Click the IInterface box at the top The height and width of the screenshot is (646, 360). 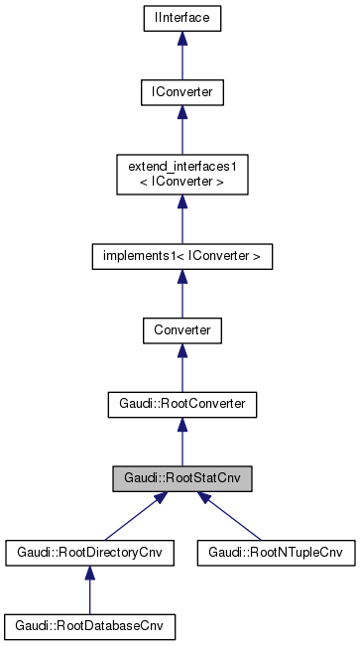[181, 18]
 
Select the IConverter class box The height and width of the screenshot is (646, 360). [181, 92]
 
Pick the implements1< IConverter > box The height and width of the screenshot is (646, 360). [181, 255]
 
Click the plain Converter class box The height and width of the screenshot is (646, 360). [181, 329]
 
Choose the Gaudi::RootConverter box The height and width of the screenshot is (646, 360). [181, 404]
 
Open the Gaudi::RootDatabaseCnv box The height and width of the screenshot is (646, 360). [89, 627]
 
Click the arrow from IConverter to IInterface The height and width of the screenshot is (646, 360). [181, 56]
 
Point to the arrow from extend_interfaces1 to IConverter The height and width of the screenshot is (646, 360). [181, 130]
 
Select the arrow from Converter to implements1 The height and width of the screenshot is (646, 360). [181, 293]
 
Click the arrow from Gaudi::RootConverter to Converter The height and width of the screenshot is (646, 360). [181, 367]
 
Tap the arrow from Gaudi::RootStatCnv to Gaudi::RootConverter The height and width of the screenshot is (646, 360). [181, 442]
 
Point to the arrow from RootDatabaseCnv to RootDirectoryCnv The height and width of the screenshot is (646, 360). [89, 590]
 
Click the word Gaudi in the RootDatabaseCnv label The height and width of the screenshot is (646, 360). [30, 627]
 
